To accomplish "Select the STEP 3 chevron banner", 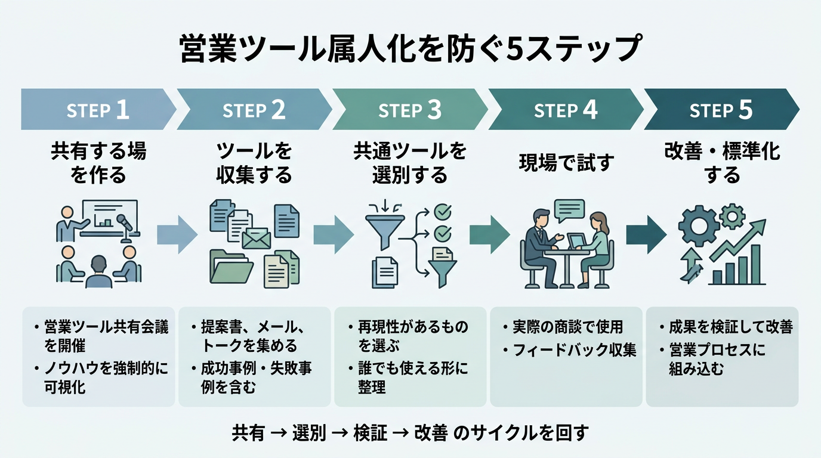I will point(409,110).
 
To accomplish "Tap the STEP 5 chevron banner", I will point(721,110).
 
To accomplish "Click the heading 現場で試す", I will point(566,163).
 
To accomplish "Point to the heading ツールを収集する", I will point(254,163).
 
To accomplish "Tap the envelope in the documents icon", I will point(256,239).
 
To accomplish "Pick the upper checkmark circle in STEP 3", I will point(443,212).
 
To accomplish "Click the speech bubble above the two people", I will point(569,209).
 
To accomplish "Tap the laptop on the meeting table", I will point(576,241).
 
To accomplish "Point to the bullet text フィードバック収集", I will point(575,350).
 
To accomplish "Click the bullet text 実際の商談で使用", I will point(567,327).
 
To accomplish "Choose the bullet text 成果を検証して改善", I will point(726,327).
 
